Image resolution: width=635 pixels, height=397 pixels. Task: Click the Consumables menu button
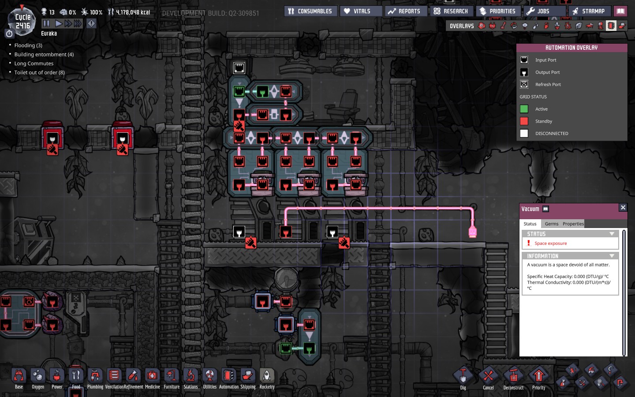310,11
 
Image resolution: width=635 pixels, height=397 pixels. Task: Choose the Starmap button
590,11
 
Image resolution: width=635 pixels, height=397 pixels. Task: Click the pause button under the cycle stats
46,23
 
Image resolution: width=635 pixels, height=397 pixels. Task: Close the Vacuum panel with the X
623,207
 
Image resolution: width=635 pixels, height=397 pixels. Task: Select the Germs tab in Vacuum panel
551,224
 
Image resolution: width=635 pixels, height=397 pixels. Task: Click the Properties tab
573,224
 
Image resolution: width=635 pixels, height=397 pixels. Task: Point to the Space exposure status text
550,243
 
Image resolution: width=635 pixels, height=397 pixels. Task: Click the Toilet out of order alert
39,72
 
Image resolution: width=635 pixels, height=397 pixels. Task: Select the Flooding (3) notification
28,45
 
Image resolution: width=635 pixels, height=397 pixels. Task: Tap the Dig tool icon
463,377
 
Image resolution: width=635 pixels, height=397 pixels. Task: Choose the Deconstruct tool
513,377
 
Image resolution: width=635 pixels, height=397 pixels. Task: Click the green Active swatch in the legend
524,109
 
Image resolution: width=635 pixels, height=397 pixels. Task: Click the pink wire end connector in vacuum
472,232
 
